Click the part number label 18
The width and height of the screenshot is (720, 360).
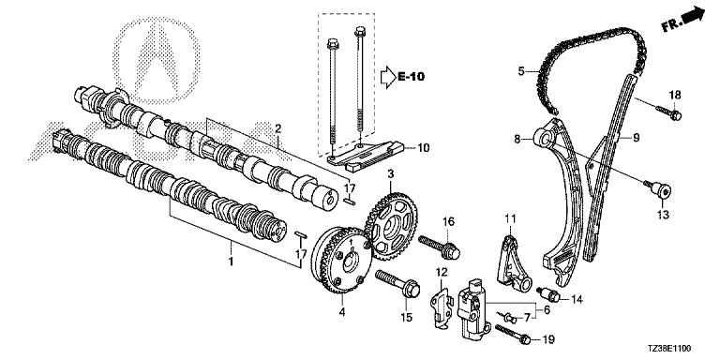coord(675,96)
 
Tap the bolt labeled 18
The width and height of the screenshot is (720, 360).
coord(668,112)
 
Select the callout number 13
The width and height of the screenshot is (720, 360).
coord(663,214)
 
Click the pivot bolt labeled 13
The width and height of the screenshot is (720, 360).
coord(657,188)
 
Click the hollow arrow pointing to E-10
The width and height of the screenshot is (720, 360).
coord(388,77)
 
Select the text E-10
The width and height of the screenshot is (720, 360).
coord(411,77)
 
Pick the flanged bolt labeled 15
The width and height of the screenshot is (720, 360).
coord(398,284)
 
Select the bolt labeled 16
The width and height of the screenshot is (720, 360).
coord(439,247)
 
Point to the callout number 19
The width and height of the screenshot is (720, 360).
coord(548,339)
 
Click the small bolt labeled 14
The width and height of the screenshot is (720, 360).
coord(548,293)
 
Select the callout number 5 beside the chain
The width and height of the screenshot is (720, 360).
coord(521,71)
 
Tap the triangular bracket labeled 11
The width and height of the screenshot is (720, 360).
coord(513,262)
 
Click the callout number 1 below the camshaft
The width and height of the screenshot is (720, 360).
coord(231,262)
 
